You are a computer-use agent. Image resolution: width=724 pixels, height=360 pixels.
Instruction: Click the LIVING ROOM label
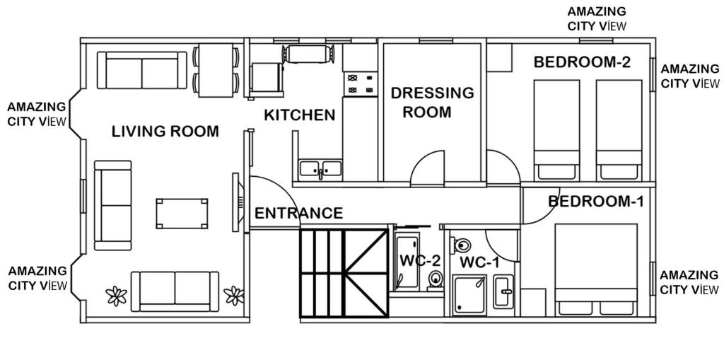165,132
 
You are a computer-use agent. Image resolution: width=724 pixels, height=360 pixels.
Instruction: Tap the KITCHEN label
299,115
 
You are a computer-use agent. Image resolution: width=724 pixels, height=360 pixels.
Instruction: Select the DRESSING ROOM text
432,102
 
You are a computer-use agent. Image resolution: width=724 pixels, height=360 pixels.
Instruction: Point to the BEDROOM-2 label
583,62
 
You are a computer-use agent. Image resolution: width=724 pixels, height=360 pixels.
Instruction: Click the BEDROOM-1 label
595,202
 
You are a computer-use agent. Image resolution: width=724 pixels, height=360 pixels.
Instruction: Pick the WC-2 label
420,261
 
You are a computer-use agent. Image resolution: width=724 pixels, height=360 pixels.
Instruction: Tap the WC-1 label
480,263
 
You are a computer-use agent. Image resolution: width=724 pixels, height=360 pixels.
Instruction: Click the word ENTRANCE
299,213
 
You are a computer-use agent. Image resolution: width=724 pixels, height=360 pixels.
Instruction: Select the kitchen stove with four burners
360,84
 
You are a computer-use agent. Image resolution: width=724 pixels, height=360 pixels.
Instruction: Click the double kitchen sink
320,169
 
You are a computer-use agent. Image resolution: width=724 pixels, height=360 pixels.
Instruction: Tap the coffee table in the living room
182,214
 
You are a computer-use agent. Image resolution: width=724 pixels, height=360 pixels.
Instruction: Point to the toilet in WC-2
435,279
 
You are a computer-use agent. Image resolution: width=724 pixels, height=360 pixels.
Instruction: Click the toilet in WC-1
461,244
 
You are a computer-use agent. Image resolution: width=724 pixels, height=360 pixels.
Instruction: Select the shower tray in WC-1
469,294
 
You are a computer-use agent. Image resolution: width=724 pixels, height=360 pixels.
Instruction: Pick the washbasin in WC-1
503,291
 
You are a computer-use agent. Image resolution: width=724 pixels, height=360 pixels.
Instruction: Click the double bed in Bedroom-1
596,270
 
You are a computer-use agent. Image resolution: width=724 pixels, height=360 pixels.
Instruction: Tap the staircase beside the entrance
344,273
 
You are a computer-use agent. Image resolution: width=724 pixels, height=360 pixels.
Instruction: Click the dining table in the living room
216,70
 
